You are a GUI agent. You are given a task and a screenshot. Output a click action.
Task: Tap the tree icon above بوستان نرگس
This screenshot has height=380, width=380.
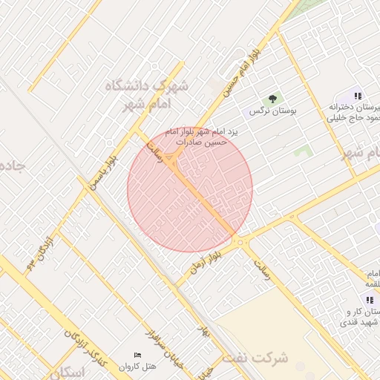click(x=272, y=98)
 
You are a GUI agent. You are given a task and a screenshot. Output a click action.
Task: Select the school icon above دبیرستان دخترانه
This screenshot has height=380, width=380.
click(x=358, y=96)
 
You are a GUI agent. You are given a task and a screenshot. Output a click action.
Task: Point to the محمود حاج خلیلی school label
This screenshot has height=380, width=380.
click(x=356, y=118)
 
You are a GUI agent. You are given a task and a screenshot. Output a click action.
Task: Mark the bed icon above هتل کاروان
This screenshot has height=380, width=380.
click(x=137, y=356)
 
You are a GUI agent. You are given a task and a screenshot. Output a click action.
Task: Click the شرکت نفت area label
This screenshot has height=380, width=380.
click(x=259, y=358)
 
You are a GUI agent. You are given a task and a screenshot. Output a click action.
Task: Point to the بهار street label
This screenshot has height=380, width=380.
click(x=205, y=329)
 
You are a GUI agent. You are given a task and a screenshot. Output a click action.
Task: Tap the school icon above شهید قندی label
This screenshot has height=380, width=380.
click(x=370, y=299)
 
